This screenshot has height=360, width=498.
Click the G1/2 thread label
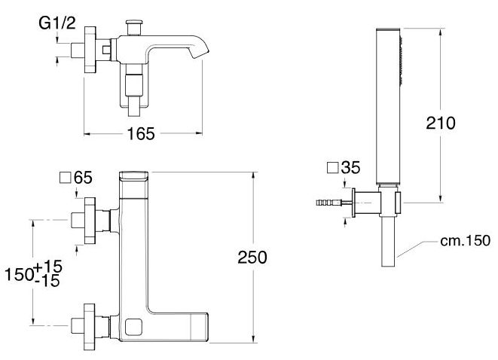[x=57, y=23]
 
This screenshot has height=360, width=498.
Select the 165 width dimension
[x=141, y=133]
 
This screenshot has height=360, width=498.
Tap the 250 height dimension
[x=252, y=257]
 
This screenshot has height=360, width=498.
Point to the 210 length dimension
[x=441, y=123]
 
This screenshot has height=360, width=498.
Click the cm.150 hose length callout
[x=466, y=241]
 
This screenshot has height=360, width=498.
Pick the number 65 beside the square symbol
[x=83, y=178]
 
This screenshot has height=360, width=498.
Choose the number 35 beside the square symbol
[x=351, y=167]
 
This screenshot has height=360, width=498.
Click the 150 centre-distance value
[x=19, y=274]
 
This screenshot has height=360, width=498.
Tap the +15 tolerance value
[x=48, y=267]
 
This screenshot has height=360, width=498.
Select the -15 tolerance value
[x=47, y=281]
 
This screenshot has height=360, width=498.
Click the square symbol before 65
[x=65, y=178]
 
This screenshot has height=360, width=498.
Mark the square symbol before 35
[x=332, y=168]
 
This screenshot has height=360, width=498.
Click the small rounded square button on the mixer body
[x=134, y=328]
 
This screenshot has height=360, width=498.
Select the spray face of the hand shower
[x=401, y=61]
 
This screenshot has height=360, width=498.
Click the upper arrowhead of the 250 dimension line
[x=253, y=176]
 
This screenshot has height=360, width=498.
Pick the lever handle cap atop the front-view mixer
[x=133, y=175]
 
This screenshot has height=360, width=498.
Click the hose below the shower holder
[x=388, y=242]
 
